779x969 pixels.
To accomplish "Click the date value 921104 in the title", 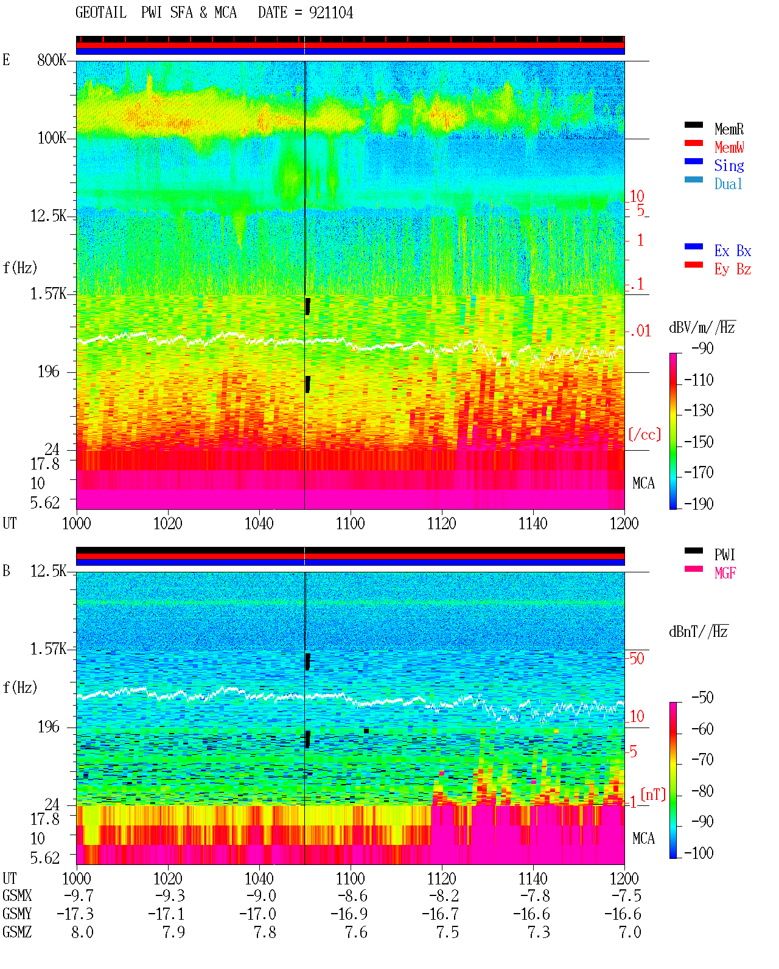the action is tap(330, 13).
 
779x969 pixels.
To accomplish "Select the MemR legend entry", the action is tap(728, 129).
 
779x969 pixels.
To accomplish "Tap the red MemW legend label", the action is tap(728, 147).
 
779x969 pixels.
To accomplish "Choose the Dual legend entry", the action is tap(728, 184).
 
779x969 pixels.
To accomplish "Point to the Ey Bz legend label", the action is tap(732, 269).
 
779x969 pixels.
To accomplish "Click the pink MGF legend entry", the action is tap(725, 573).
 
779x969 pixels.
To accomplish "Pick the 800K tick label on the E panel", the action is tap(52, 60).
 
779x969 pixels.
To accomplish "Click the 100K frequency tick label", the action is tap(52, 138).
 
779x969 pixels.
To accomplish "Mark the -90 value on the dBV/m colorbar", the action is tap(702, 348).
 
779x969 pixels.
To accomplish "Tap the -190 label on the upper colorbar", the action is tap(699, 504).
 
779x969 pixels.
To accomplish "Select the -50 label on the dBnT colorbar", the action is tap(702, 698).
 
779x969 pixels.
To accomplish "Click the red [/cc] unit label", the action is tap(645, 434).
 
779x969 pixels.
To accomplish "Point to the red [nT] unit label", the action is tap(653, 794).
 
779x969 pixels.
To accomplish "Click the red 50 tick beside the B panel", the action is tap(637, 658).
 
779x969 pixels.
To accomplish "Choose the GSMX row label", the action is tap(17, 895).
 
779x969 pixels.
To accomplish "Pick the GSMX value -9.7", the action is tap(79, 895).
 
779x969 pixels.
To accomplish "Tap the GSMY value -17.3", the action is tap(75, 914).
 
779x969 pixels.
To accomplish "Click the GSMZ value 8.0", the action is tap(82, 932).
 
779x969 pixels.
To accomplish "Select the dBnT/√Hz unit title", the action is tap(699, 632).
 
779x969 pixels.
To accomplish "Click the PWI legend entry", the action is tap(724, 554).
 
